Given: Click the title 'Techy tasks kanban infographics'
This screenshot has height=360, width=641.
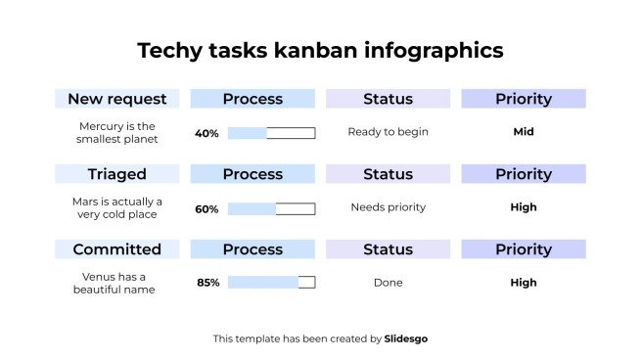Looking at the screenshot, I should click(320, 51).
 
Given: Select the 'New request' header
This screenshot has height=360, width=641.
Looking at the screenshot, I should click(117, 99).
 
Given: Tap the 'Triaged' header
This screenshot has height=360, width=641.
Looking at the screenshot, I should click(117, 174).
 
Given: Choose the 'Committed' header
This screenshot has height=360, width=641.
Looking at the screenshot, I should click(117, 249).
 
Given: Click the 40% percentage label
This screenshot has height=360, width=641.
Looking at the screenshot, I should click(206, 133).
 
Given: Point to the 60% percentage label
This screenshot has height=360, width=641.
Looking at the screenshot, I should click(206, 208).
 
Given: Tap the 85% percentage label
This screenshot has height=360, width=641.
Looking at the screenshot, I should click(207, 283).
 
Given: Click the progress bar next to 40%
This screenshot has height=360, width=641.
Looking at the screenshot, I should click(271, 133).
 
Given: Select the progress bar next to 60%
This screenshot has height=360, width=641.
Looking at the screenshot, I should click(271, 208).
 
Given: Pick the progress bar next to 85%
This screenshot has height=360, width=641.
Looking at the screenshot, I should click(271, 283).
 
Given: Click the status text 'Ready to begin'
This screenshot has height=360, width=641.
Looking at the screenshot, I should click(388, 132).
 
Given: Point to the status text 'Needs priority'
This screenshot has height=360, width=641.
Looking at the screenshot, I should click(388, 207).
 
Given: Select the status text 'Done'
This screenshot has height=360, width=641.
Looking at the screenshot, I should click(388, 283).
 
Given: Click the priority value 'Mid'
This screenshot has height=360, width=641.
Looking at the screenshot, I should click(523, 132).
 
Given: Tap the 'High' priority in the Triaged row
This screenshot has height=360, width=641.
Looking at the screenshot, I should click(523, 207).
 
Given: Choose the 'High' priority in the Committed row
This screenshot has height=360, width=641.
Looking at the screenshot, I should click(523, 283).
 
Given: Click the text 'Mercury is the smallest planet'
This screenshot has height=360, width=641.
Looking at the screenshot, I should click(117, 132).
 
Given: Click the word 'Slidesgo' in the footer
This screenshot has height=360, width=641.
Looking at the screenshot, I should click(405, 338).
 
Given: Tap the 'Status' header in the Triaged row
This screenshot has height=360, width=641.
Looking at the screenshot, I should click(388, 174).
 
